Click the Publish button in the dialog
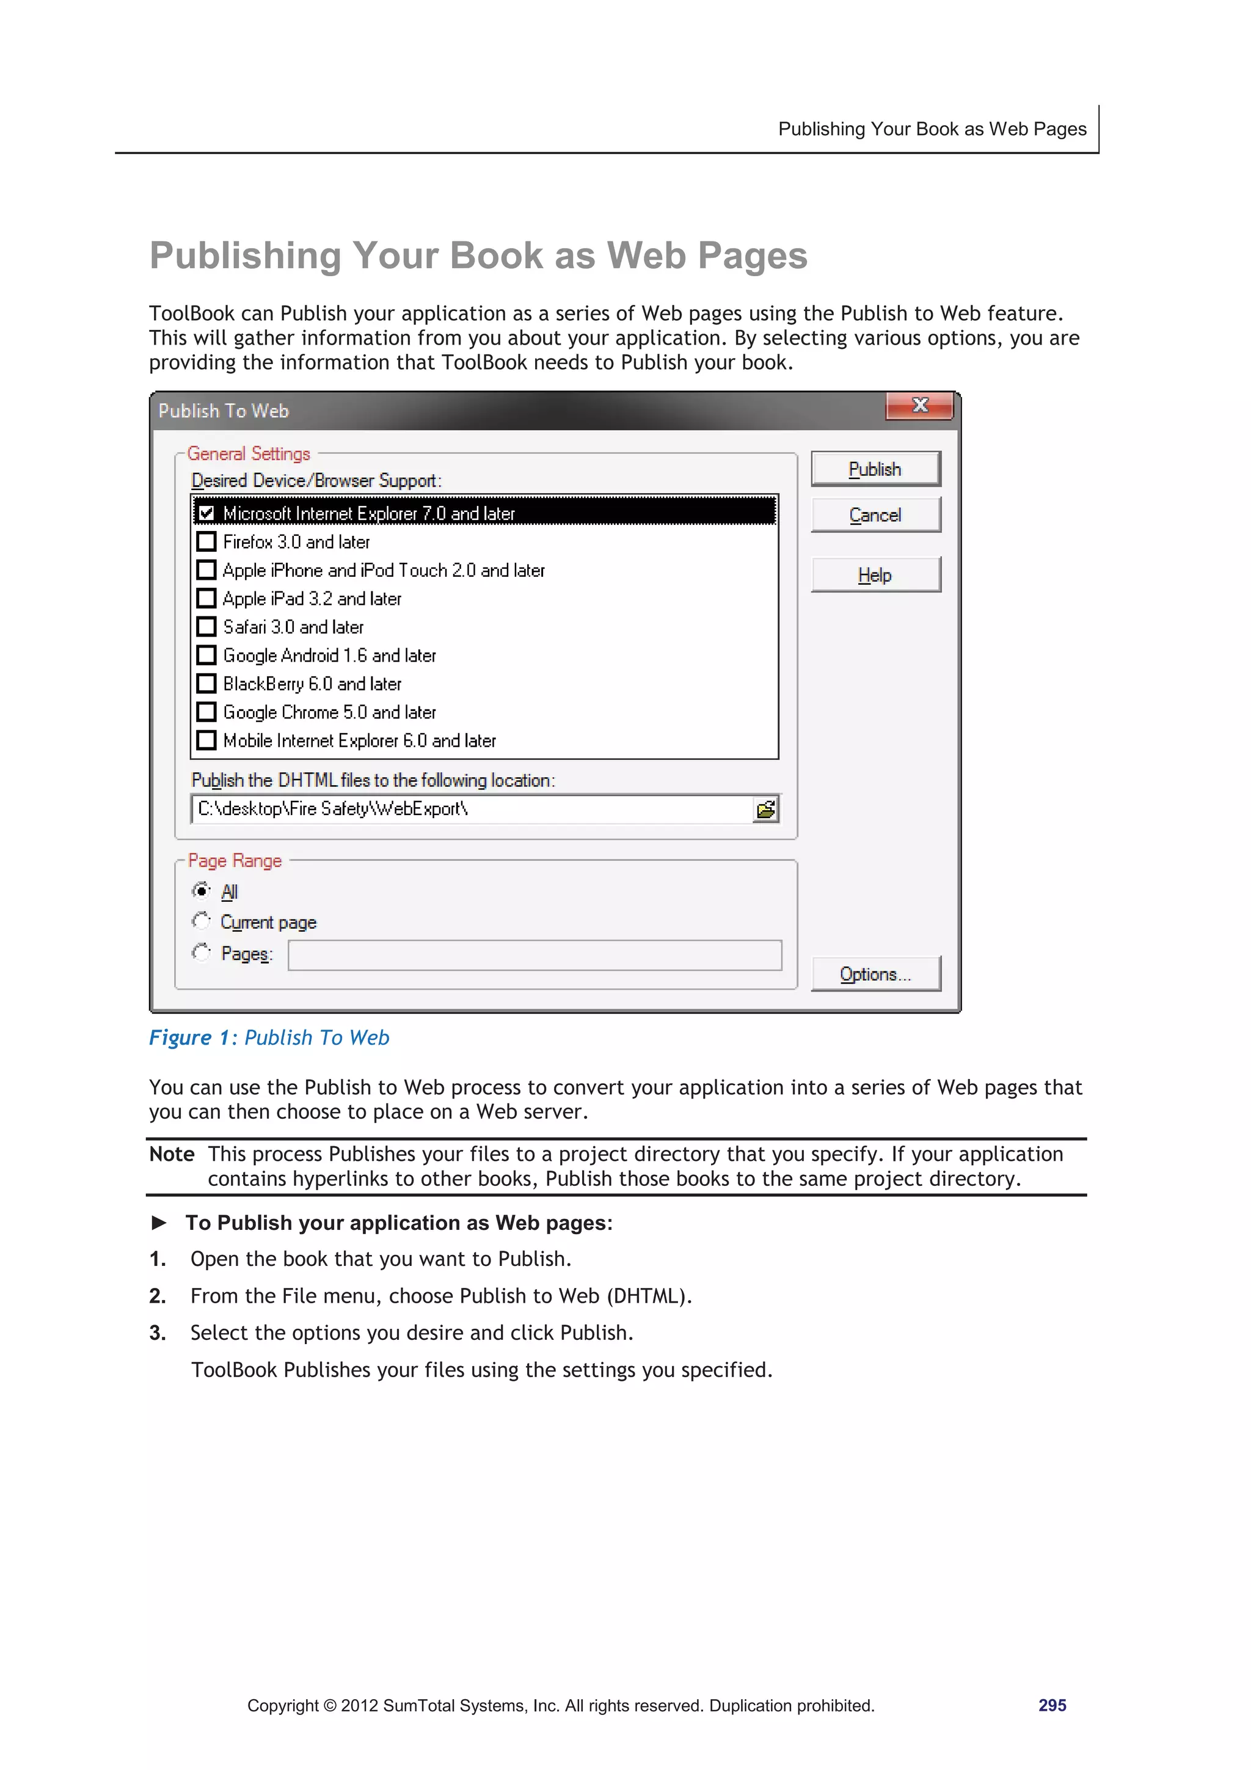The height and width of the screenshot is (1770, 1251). [x=875, y=469]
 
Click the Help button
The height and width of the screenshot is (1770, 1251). [x=875, y=575]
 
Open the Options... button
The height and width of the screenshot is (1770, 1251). [x=875, y=974]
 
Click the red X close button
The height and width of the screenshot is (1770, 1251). [x=919, y=406]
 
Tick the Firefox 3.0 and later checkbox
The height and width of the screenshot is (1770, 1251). [x=206, y=542]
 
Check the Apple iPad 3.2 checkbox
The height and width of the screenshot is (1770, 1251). [x=206, y=598]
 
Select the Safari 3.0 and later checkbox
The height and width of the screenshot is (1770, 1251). [x=206, y=627]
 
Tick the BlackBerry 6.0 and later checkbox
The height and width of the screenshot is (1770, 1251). [x=206, y=684]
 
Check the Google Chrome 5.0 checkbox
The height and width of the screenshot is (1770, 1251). [x=206, y=712]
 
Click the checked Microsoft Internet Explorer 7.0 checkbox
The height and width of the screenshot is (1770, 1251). [x=206, y=513]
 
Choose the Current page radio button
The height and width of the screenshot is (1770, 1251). [x=201, y=921]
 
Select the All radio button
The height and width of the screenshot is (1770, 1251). [x=201, y=890]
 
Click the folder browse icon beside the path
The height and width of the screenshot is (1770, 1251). [x=765, y=810]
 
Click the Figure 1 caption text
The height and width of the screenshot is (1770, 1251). [x=269, y=1037]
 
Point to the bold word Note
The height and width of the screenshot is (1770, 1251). [x=172, y=1154]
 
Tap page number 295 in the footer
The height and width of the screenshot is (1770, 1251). [x=1051, y=1705]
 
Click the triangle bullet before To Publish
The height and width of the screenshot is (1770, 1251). [x=159, y=1223]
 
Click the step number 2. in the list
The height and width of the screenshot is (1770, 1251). [x=157, y=1296]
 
